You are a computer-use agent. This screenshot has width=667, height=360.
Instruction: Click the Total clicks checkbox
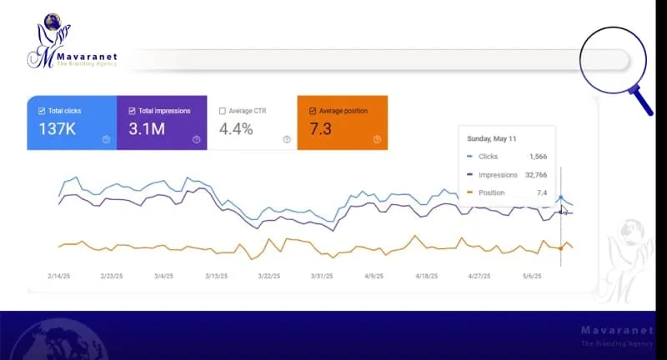tap(43, 111)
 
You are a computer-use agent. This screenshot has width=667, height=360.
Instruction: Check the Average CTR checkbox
tap(223, 111)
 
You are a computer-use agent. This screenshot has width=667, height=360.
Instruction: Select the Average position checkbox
tap(313, 111)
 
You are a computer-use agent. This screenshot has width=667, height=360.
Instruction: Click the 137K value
tap(57, 129)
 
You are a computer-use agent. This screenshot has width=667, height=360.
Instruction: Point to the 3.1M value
tap(148, 129)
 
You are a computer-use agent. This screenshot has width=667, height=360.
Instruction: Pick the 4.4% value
tap(236, 129)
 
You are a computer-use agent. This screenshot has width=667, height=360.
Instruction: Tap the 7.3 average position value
tap(321, 129)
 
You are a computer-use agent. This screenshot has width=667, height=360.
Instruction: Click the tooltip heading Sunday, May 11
tap(493, 139)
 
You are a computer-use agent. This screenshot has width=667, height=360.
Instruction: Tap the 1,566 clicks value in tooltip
tap(538, 157)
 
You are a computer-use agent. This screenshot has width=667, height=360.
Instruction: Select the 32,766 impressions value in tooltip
tap(534, 175)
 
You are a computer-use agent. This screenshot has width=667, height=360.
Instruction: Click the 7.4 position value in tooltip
tap(543, 193)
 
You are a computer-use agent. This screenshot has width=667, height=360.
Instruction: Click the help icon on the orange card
tap(377, 140)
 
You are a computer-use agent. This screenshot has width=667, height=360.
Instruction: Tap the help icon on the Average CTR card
tap(286, 140)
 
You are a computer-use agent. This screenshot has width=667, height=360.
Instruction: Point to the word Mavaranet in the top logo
tap(88, 57)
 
